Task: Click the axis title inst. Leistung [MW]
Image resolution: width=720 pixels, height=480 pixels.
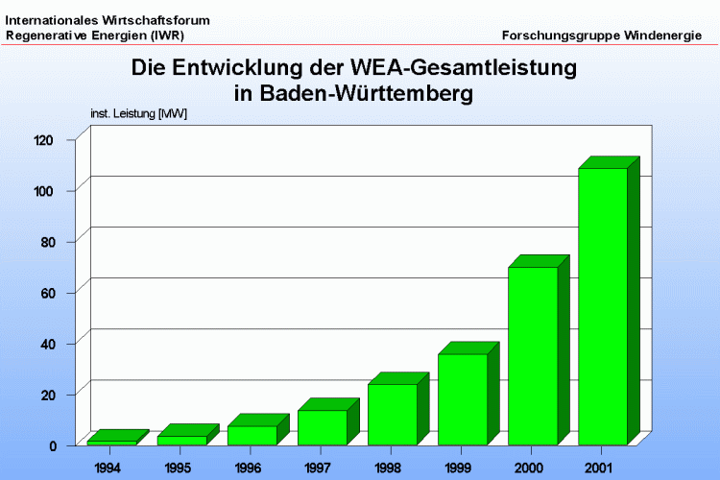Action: [x=138, y=114]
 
